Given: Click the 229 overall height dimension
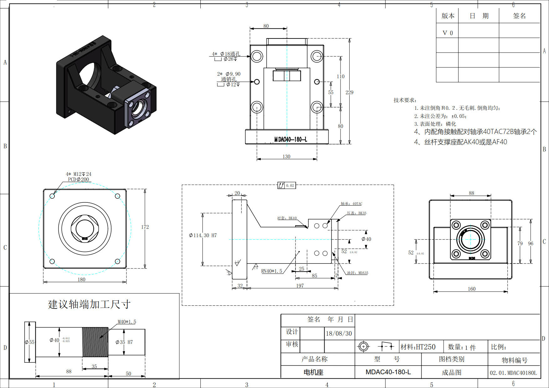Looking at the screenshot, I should tap(349, 92).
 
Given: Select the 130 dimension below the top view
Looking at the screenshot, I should tap(286, 156).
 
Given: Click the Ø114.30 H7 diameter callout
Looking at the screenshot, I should tap(203, 235).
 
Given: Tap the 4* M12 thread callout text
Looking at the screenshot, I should tap(78, 174).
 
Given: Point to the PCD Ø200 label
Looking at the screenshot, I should tap(79, 179).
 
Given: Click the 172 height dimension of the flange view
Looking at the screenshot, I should tap(145, 227).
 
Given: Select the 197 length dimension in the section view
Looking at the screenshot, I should tap(300, 286).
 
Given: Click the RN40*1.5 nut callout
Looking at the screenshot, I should tap(272, 271).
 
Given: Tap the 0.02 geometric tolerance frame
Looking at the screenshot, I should tap(287, 185).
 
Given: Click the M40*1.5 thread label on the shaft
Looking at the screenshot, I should tap(127, 322).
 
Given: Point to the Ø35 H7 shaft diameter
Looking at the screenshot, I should tap(124, 342).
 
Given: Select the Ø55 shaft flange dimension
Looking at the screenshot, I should tap(30, 342).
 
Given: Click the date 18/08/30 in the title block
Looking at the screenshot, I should tap(339, 334).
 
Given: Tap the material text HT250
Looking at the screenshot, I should tap(418, 347).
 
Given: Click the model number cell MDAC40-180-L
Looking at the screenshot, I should tap(388, 372).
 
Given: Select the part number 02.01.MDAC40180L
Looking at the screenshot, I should tap(513, 373).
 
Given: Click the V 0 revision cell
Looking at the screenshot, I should tap(448, 33).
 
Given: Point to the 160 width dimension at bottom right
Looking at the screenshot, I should tap(472, 289).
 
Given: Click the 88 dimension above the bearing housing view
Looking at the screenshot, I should tap(472, 193).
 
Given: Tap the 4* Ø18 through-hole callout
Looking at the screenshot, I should tap(226, 54).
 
